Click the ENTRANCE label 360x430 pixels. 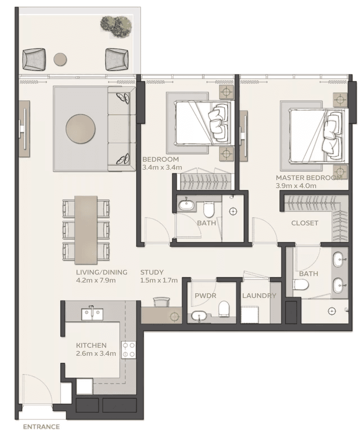coord(41,426)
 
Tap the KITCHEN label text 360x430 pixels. coord(91,345)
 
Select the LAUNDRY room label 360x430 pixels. coord(259,296)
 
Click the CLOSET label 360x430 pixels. coord(304,223)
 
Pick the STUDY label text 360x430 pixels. coord(152,272)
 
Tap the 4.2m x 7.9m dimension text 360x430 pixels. coord(96,280)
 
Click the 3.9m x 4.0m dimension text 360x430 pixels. coord(296,185)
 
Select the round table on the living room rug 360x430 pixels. coord(80,128)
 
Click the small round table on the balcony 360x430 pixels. coord(60,59)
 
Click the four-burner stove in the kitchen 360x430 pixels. coord(128,349)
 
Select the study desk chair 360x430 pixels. coord(162,301)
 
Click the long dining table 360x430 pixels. coord(86,229)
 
